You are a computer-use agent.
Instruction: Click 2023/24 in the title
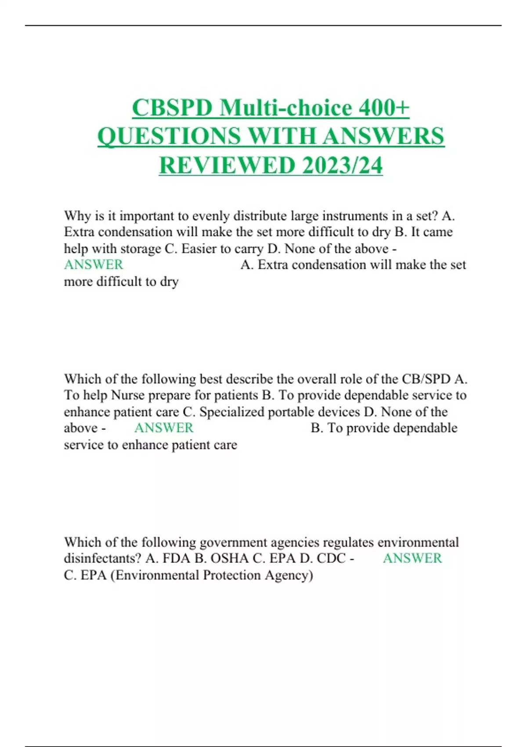(x=342, y=165)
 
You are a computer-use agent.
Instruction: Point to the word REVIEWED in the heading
(x=227, y=165)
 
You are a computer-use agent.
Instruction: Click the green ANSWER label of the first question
(x=94, y=265)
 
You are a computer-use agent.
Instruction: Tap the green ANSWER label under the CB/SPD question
(x=164, y=428)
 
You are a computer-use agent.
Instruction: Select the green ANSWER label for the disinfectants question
(x=412, y=558)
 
